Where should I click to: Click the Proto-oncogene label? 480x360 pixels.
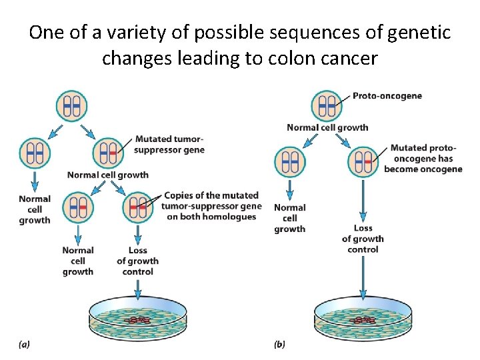[387, 96]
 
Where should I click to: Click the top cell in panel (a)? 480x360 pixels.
[71, 105]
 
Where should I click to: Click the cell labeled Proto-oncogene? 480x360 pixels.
[326, 105]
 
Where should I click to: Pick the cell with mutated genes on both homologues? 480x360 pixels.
[138, 207]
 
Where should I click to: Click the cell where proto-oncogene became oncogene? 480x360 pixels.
[363, 161]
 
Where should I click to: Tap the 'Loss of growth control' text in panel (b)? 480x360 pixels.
[363, 239]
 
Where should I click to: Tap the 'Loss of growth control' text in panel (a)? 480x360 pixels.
[137, 261]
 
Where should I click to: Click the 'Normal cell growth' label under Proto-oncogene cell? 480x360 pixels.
[327, 127]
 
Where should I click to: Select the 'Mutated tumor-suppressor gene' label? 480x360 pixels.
[169, 144]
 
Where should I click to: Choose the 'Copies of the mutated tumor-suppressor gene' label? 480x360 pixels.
[210, 206]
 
